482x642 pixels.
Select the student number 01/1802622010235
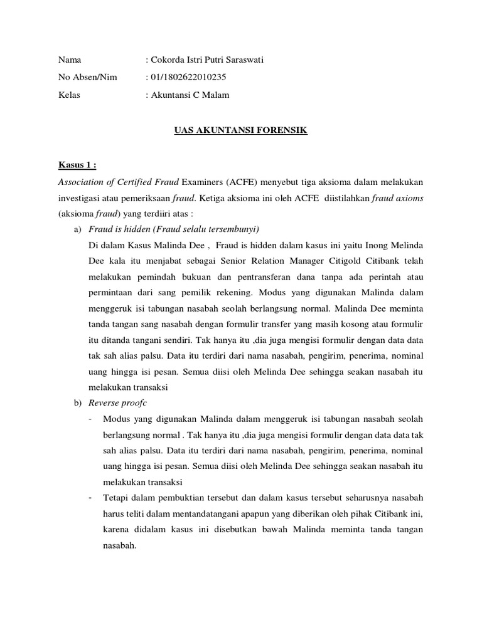coord(188,78)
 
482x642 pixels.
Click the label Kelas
coord(69,95)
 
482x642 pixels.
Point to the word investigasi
coord(80,198)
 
